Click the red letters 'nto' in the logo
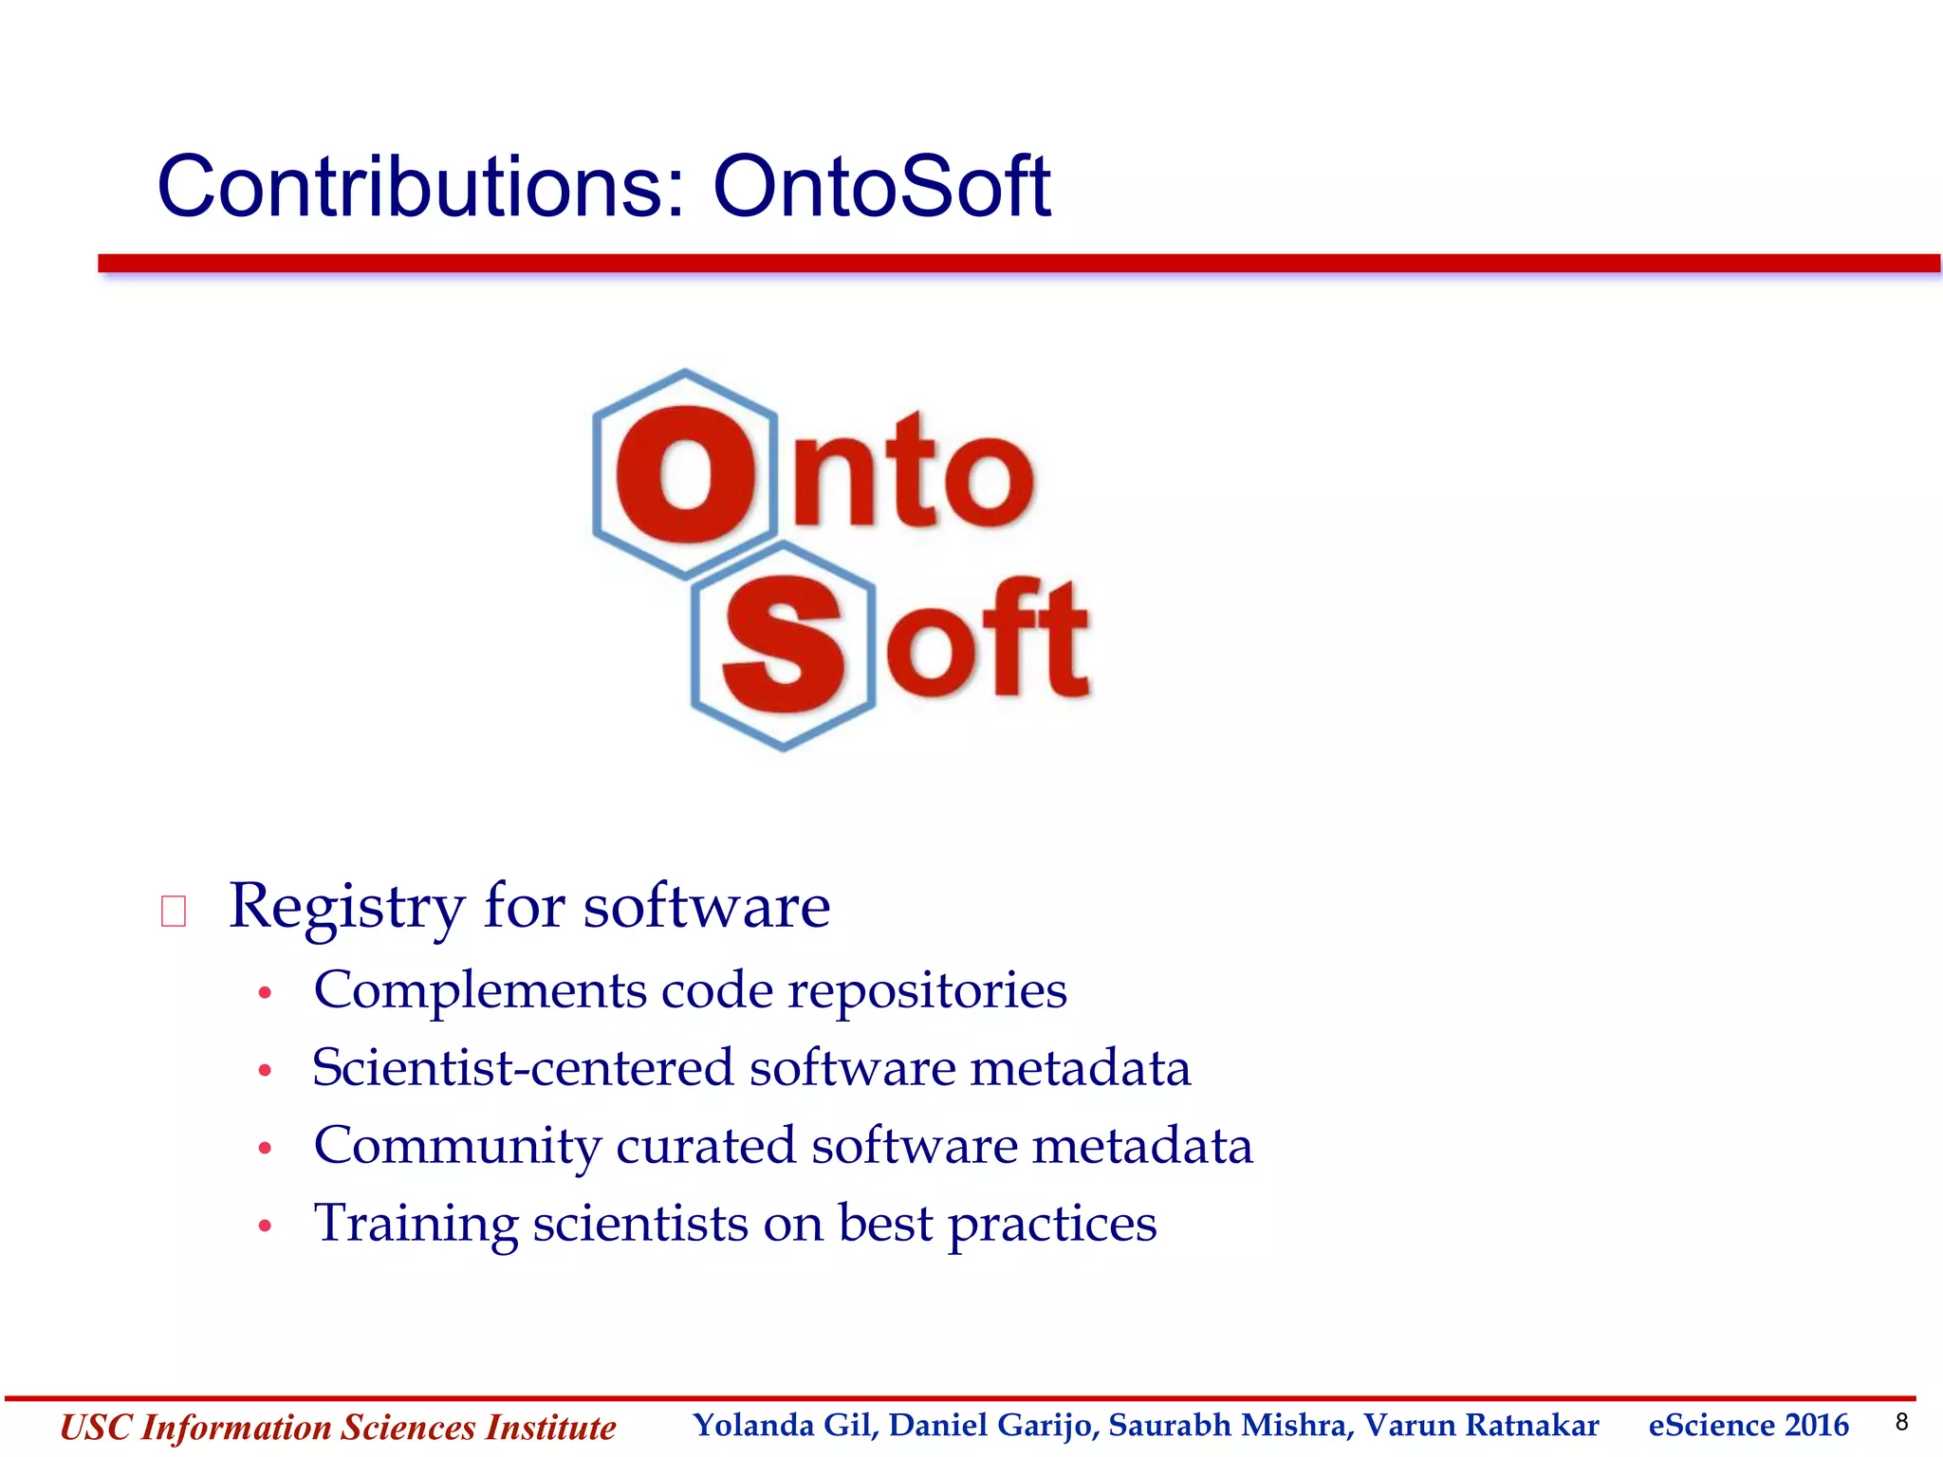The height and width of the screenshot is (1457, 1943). click(913, 471)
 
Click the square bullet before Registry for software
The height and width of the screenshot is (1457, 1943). click(174, 912)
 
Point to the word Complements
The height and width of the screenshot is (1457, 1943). click(479, 990)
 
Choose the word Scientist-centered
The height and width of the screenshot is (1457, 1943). click(523, 1068)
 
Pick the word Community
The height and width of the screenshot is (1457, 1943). click(457, 1147)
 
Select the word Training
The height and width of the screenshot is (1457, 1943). click(416, 1224)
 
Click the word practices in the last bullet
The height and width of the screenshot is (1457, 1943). click(1052, 1225)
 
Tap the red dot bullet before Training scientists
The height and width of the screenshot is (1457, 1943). click(266, 1226)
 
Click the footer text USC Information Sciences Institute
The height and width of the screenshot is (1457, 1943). click(338, 1428)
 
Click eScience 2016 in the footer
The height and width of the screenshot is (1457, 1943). click(1748, 1426)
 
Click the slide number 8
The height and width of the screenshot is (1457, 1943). click(1900, 1422)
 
